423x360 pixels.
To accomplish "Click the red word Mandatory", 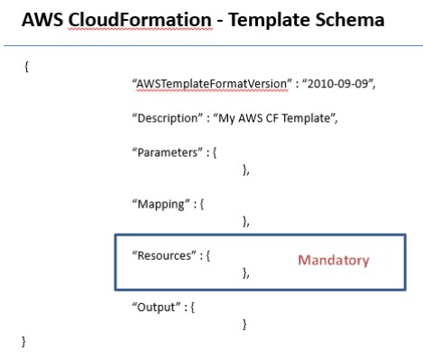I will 335,260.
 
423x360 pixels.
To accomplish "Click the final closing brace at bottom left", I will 24,342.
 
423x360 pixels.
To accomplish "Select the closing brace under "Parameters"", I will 246,169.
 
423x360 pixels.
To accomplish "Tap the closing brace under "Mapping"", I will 246,220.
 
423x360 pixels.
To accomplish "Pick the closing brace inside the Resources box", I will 246,272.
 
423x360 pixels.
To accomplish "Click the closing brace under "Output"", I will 245,323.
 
